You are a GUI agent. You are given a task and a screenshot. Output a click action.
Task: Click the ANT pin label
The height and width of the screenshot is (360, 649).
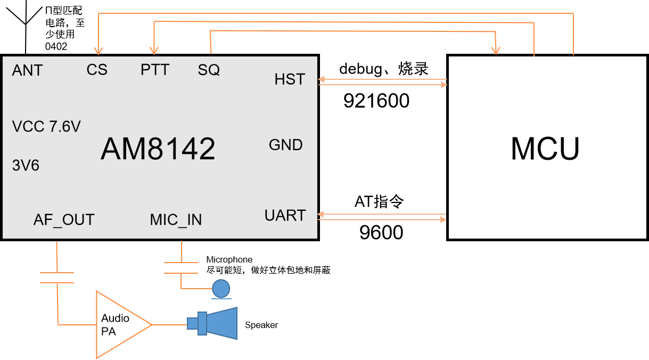click(x=27, y=71)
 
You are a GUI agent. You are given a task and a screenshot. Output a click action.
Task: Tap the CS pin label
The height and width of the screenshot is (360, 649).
click(x=97, y=70)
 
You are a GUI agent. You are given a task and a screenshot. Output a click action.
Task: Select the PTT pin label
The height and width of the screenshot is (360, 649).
click(x=155, y=70)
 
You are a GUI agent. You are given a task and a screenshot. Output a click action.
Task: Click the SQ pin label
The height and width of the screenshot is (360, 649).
click(x=209, y=70)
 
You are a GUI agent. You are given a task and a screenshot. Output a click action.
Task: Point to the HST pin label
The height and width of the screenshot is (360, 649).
click(x=290, y=79)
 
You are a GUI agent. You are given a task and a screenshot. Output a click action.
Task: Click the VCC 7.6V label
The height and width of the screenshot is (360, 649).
click(x=46, y=127)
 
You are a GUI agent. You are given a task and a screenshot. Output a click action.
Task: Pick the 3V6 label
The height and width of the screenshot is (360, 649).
click(x=26, y=166)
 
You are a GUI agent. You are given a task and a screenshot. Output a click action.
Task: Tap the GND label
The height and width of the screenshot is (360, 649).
click(x=286, y=145)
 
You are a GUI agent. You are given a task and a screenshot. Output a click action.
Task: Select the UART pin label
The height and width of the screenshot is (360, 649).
click(x=285, y=216)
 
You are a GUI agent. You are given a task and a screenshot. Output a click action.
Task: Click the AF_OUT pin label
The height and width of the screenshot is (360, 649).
click(x=64, y=219)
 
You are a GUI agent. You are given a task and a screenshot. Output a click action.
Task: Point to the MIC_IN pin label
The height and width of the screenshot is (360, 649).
click(x=176, y=219)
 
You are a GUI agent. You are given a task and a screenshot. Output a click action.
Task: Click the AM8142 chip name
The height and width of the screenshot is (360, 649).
click(x=158, y=149)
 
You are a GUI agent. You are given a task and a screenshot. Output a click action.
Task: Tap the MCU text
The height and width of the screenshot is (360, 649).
click(x=545, y=149)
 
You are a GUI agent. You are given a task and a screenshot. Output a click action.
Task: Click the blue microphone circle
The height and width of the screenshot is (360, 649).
click(x=221, y=288)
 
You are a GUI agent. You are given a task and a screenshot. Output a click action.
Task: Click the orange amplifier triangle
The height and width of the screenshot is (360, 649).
click(x=120, y=324)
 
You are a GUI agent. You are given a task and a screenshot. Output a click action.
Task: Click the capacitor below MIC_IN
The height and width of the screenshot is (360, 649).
click(x=181, y=267)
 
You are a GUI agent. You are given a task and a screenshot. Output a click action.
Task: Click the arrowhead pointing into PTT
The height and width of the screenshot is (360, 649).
click(x=154, y=51)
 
